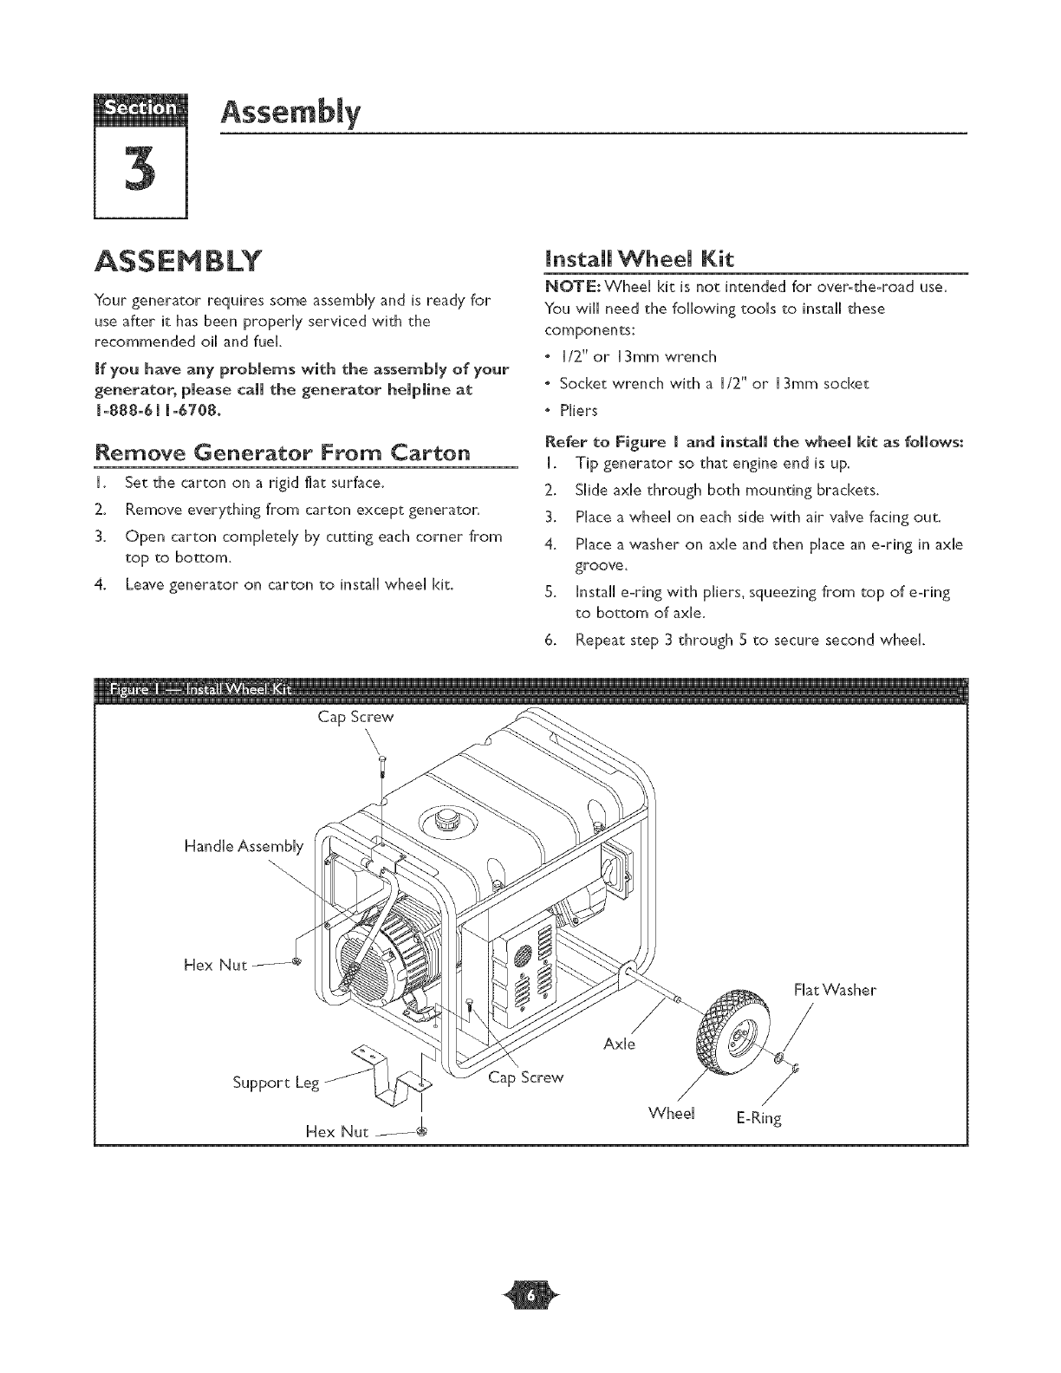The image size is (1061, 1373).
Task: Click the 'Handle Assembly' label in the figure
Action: [x=244, y=846]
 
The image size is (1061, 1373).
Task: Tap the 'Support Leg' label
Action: [x=277, y=1083]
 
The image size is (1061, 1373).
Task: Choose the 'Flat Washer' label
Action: [x=835, y=990]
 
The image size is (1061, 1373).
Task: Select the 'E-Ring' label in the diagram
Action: [x=758, y=1118]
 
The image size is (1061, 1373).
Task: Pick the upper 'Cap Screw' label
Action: [x=355, y=717]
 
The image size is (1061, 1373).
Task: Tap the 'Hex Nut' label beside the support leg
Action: [x=337, y=1132]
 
